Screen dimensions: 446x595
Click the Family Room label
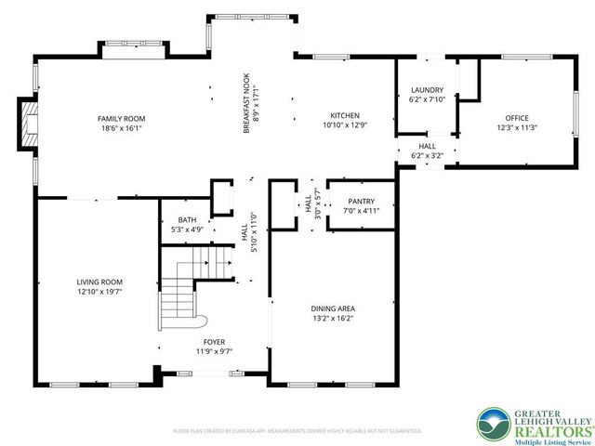122,118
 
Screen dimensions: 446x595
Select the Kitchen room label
338,115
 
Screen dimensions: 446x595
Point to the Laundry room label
428,90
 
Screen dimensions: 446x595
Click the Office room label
516,118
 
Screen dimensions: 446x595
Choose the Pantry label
361,201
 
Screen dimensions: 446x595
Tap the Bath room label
187,219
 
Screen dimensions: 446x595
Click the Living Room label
99,282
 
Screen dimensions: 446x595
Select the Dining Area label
333,308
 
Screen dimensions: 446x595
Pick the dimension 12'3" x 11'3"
516,128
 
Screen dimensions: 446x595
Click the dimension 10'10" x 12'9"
338,125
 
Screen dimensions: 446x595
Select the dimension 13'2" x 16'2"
333,319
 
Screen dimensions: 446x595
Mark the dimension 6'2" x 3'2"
427,156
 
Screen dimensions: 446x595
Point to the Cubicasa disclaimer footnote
297,431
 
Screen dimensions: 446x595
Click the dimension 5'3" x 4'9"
187,229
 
